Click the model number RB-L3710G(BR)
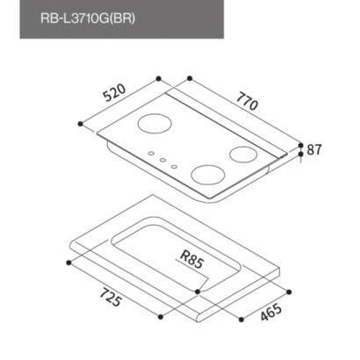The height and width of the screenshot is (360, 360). click(88, 18)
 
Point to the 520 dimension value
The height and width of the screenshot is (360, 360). click(115, 93)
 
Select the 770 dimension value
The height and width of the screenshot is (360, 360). click(248, 101)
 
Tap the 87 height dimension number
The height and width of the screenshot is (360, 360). click(314, 149)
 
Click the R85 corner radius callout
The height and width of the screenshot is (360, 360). click(191, 259)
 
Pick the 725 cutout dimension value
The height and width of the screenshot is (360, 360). click(111, 298)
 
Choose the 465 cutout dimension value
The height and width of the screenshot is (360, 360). click(271, 313)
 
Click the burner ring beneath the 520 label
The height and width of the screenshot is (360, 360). click(155, 124)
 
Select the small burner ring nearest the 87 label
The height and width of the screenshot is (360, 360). click(243, 155)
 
